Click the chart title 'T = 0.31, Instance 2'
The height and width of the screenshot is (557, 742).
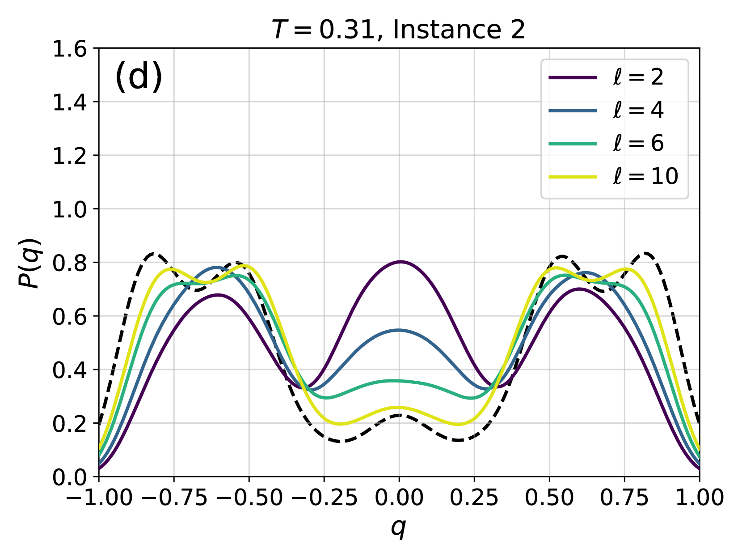click(x=398, y=30)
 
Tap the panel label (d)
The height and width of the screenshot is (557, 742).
click(x=139, y=77)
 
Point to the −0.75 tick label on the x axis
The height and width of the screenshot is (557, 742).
click(x=173, y=497)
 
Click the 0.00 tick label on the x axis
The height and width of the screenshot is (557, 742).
click(x=399, y=497)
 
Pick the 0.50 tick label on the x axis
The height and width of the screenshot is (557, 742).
click(x=549, y=497)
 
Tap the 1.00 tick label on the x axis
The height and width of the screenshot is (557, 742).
click(x=699, y=497)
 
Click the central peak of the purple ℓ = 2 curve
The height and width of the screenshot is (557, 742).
click(x=400, y=262)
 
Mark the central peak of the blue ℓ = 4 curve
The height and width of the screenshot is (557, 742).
click(x=399, y=330)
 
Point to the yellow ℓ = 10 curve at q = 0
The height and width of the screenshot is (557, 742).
click(x=399, y=408)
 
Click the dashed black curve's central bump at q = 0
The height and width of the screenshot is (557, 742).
click(x=399, y=416)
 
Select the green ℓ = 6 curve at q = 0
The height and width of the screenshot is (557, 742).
click(x=399, y=381)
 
